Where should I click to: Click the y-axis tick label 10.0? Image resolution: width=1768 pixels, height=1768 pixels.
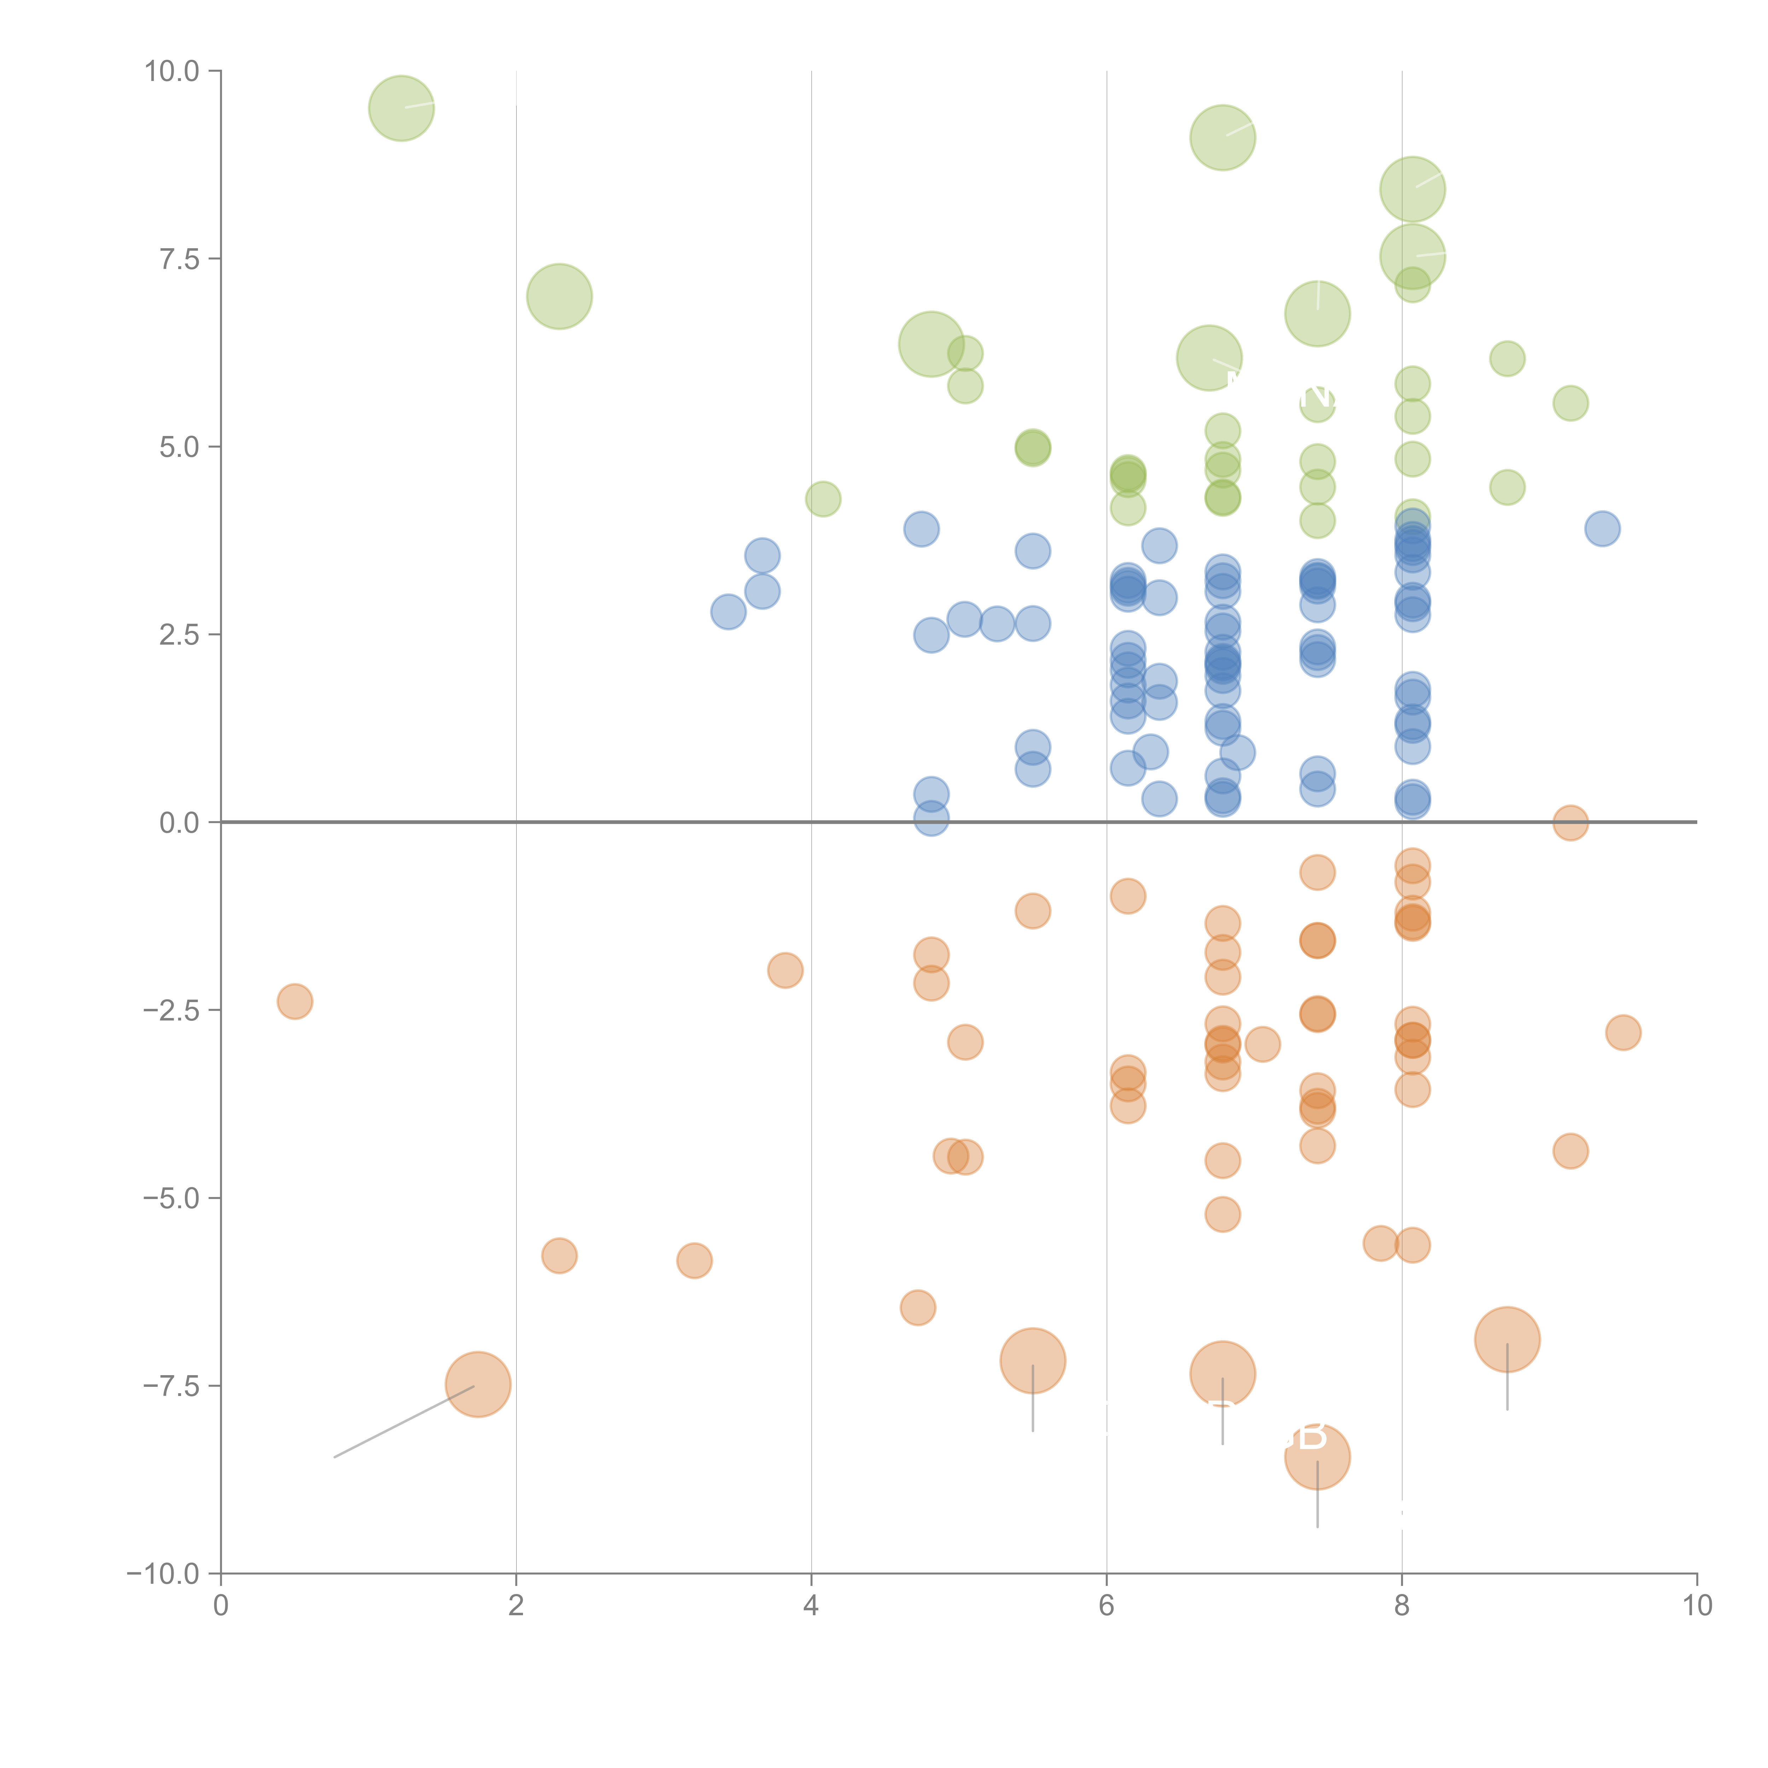pos(172,71)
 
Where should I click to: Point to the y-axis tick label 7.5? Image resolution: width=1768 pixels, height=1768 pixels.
pos(179,259)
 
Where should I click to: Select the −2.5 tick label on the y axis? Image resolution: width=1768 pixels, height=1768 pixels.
pos(172,1010)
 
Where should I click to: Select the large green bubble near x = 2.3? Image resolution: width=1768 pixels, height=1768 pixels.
pos(559,297)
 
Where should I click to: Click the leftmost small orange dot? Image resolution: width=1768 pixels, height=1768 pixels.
pos(295,1001)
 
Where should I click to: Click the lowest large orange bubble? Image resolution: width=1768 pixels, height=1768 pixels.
pos(1317,1457)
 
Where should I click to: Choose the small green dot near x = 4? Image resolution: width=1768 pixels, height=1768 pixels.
pos(823,499)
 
